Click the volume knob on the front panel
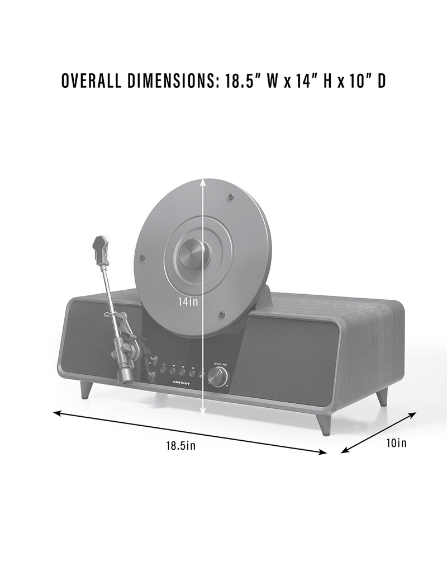[x=217, y=379]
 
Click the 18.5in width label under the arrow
[x=180, y=446]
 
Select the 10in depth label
[x=396, y=443]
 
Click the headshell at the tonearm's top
[x=100, y=249]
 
